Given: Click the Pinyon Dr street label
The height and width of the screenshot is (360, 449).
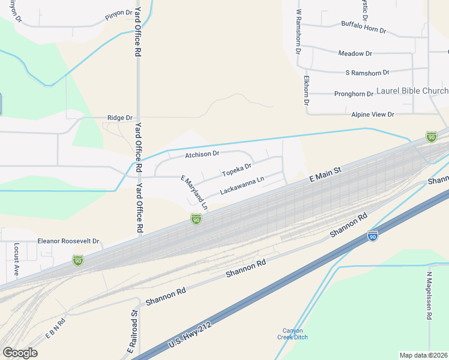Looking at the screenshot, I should (x=118, y=13).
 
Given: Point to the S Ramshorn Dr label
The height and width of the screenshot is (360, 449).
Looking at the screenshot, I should (x=367, y=73).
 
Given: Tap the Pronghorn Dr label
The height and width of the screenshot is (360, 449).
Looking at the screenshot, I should (x=354, y=94).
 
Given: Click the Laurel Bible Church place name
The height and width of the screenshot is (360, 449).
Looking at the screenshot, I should (x=412, y=91).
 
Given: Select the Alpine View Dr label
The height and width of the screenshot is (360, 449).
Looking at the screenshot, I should (x=373, y=114).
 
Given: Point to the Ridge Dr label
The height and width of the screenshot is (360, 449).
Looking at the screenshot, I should (x=119, y=118).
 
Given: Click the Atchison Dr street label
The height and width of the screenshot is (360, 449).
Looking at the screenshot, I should (x=202, y=154).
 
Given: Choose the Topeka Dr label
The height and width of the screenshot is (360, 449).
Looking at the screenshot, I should (x=237, y=170).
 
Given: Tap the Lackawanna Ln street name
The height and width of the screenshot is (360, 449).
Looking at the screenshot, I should (x=243, y=187).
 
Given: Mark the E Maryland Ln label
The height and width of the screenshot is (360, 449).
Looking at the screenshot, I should (x=194, y=193).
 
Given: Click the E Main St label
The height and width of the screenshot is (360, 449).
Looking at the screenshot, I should (x=325, y=175).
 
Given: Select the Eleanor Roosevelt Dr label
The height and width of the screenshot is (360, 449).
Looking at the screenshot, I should (x=68, y=241).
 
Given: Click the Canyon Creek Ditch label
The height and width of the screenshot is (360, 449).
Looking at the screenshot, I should (x=293, y=334).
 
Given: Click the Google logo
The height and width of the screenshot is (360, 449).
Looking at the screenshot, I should (x=20, y=353).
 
